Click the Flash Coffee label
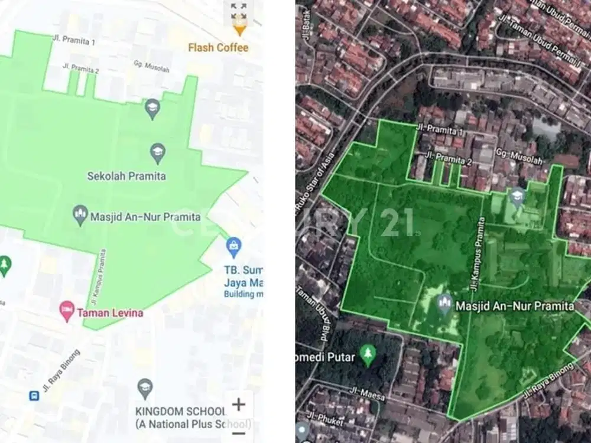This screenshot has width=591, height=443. click(x=218, y=47)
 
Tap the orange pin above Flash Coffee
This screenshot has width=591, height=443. click(x=239, y=28)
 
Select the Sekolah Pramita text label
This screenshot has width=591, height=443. click(x=126, y=175)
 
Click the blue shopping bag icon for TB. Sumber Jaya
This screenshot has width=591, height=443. click(x=234, y=247)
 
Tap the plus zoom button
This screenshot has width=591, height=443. click(x=239, y=405)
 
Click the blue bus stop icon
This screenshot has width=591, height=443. click(x=34, y=395)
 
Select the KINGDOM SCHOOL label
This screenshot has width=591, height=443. click(x=180, y=411)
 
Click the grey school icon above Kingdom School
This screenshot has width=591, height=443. click(x=145, y=388)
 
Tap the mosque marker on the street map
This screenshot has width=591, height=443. click(x=80, y=216)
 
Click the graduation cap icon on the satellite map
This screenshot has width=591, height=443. click(x=518, y=196)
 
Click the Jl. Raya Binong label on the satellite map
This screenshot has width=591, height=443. click(x=548, y=382)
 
